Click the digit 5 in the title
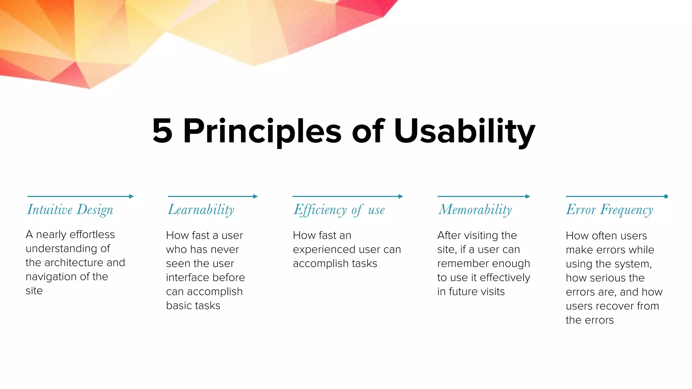[x=163, y=131]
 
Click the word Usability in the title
[x=464, y=132]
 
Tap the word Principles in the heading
[x=262, y=132]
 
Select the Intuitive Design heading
[x=70, y=210]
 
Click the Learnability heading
[x=201, y=210]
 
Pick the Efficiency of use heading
[x=339, y=210]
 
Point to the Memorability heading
[x=475, y=210]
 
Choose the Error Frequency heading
[x=609, y=210]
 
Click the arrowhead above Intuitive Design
[x=131, y=196]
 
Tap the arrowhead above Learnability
[x=255, y=196]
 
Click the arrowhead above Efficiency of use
[x=401, y=196]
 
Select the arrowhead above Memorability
[x=528, y=196]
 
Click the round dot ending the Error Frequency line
[x=666, y=196]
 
